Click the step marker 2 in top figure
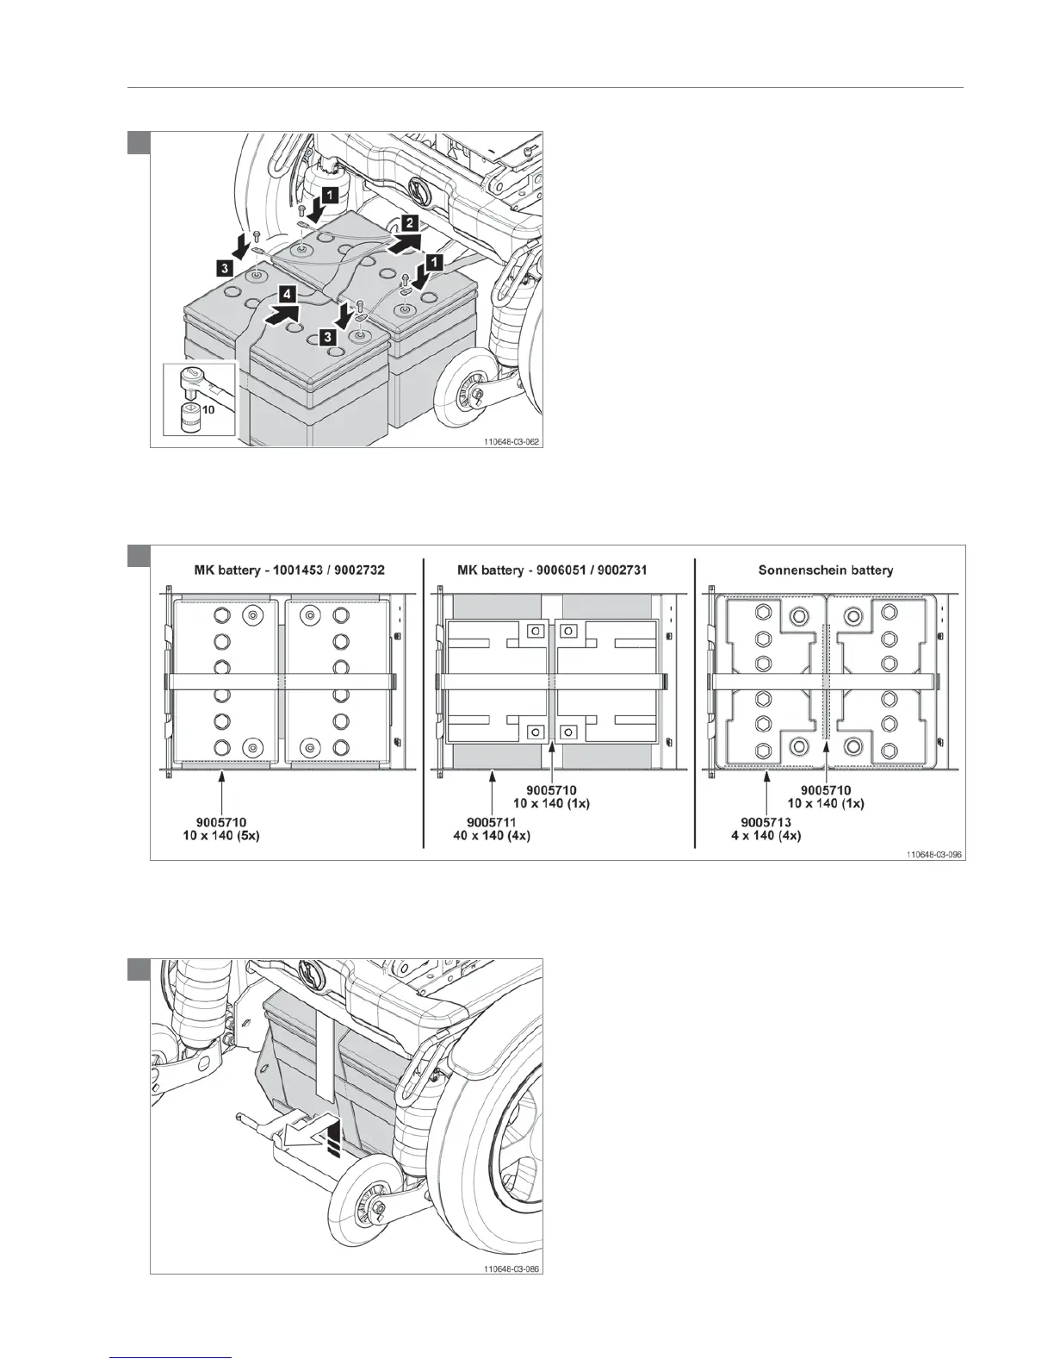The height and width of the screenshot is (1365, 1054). point(411,223)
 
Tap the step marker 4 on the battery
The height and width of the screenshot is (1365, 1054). point(288,295)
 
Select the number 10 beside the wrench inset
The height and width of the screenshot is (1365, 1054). point(208,412)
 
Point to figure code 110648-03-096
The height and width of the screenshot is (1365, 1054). point(933,854)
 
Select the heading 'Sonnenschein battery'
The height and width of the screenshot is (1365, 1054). point(825,570)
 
